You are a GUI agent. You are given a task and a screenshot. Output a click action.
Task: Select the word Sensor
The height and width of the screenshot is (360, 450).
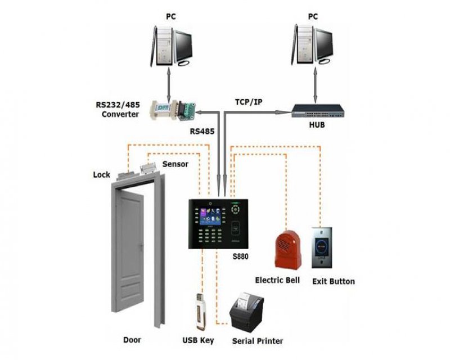pyautogui.click(x=175, y=164)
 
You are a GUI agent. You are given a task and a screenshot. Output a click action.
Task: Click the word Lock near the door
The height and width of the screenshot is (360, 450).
pyautogui.click(x=101, y=175)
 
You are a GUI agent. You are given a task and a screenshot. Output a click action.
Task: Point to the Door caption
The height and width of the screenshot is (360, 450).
pyautogui.click(x=132, y=340)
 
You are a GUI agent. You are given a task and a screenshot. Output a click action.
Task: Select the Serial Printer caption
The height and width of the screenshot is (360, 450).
pyautogui.click(x=258, y=341)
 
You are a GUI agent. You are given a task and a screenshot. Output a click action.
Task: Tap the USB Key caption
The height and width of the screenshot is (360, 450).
pyautogui.click(x=198, y=340)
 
